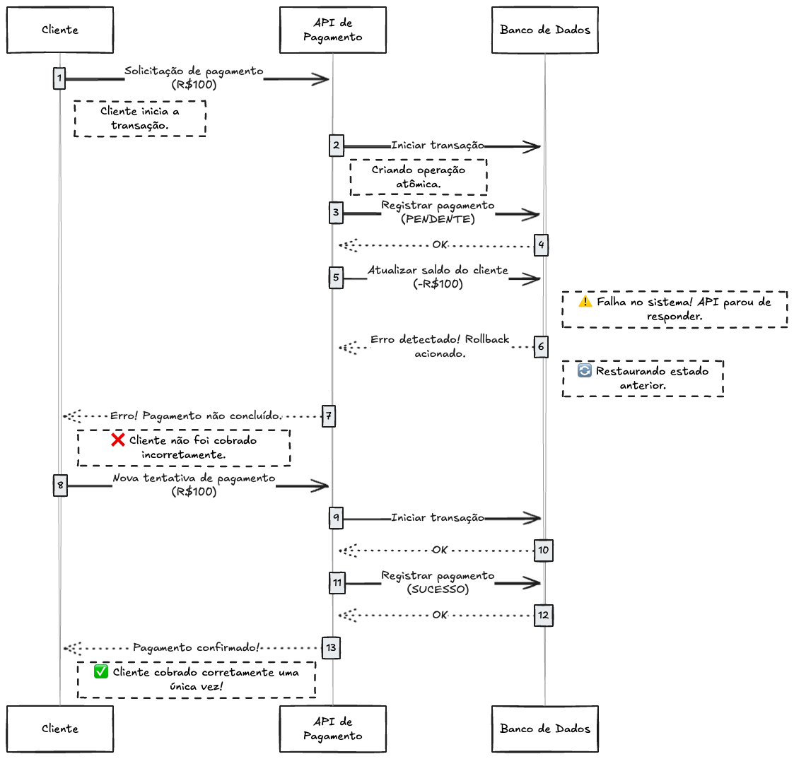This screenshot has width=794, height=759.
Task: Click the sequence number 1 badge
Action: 59,78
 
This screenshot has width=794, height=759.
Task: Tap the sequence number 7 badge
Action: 329,416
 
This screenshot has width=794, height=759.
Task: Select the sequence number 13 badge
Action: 331,647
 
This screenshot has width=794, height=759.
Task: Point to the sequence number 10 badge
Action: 543,550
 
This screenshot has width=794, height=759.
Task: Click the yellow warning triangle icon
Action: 585,301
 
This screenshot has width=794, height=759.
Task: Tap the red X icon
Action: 118,440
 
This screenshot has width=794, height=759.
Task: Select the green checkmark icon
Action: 101,672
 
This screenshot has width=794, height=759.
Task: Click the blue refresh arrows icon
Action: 585,370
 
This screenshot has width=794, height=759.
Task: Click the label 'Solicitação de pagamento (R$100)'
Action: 194,78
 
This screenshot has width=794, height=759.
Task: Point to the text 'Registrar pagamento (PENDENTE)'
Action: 438,212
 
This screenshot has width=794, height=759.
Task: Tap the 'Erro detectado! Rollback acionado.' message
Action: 440,346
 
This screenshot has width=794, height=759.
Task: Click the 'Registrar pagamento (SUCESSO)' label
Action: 438,582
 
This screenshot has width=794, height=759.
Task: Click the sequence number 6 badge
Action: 541,346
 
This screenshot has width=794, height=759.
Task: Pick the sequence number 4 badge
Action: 541,245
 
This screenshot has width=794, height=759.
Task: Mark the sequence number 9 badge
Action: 336,518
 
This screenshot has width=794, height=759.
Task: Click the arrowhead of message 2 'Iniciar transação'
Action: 534,146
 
